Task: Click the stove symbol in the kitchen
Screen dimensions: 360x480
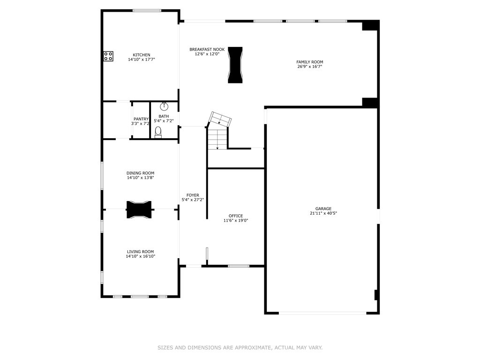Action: (108, 56)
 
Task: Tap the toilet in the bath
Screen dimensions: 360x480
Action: (158, 132)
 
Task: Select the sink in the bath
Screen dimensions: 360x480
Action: (164, 106)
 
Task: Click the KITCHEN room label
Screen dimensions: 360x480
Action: (142, 55)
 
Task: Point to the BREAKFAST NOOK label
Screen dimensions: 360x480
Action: (207, 49)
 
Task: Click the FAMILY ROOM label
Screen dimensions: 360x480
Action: (309, 62)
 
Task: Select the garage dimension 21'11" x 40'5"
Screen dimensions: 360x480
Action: (323, 213)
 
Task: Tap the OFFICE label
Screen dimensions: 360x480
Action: (236, 216)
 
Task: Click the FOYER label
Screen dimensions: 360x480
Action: (193, 195)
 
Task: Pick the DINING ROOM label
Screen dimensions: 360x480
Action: (140, 173)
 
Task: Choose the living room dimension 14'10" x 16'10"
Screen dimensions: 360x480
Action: (140, 256)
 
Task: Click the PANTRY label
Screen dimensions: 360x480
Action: (141, 119)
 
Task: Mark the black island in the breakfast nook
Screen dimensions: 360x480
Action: (235, 65)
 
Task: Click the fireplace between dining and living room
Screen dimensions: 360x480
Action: (139, 210)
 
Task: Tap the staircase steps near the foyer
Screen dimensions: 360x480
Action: (217, 139)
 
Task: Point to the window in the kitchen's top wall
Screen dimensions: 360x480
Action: (147, 10)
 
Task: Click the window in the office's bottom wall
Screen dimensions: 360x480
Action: (239, 266)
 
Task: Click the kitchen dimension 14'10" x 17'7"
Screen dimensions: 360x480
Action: (142, 60)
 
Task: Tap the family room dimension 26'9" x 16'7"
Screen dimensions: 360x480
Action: (309, 67)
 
